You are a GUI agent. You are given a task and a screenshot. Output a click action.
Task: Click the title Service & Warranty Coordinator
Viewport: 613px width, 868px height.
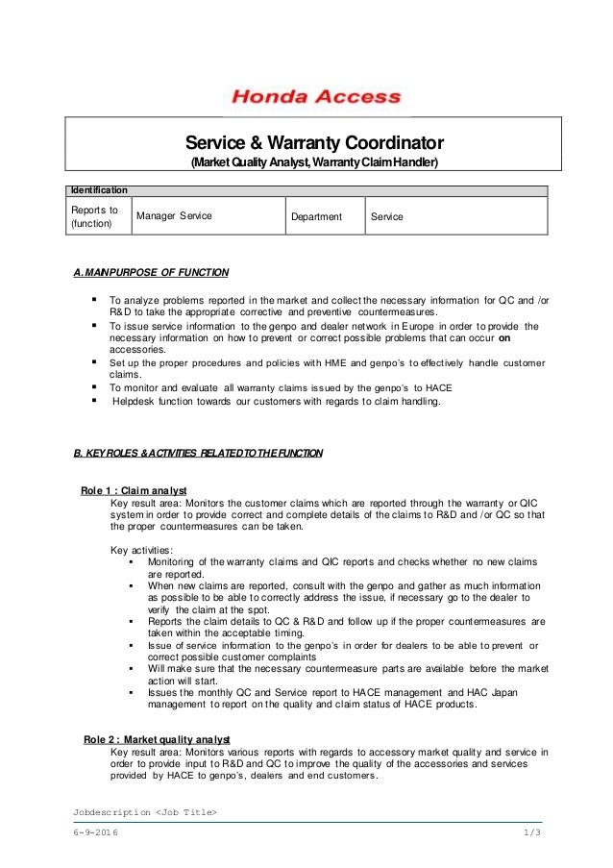pyautogui.click(x=314, y=142)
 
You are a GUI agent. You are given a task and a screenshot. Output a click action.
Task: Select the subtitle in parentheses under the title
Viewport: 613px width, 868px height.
pyautogui.click(x=313, y=163)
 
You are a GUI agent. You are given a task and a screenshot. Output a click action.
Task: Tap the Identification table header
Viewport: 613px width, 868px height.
pyautogui.click(x=97, y=191)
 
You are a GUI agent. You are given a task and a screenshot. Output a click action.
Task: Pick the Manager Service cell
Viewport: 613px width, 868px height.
pyautogui.click(x=174, y=216)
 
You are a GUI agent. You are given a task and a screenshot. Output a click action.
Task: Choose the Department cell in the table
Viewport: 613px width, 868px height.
pyautogui.click(x=317, y=217)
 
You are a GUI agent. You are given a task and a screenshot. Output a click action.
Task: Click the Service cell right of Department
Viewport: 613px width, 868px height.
pyautogui.click(x=387, y=217)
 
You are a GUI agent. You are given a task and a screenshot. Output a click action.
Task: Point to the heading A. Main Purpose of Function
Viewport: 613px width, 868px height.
pyautogui.click(x=152, y=271)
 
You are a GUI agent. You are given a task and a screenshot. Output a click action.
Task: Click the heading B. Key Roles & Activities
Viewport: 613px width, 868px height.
pyautogui.click(x=199, y=452)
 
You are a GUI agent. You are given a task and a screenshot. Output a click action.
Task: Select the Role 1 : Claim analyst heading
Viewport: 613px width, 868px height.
pyautogui.click(x=134, y=489)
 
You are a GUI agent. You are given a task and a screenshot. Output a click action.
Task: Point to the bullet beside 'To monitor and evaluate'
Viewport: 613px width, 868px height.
pyautogui.click(x=95, y=387)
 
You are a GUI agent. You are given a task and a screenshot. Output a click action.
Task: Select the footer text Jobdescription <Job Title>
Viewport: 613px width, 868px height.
pyautogui.click(x=144, y=814)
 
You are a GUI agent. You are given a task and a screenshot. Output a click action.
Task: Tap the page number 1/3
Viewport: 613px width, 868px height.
pyautogui.click(x=534, y=835)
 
